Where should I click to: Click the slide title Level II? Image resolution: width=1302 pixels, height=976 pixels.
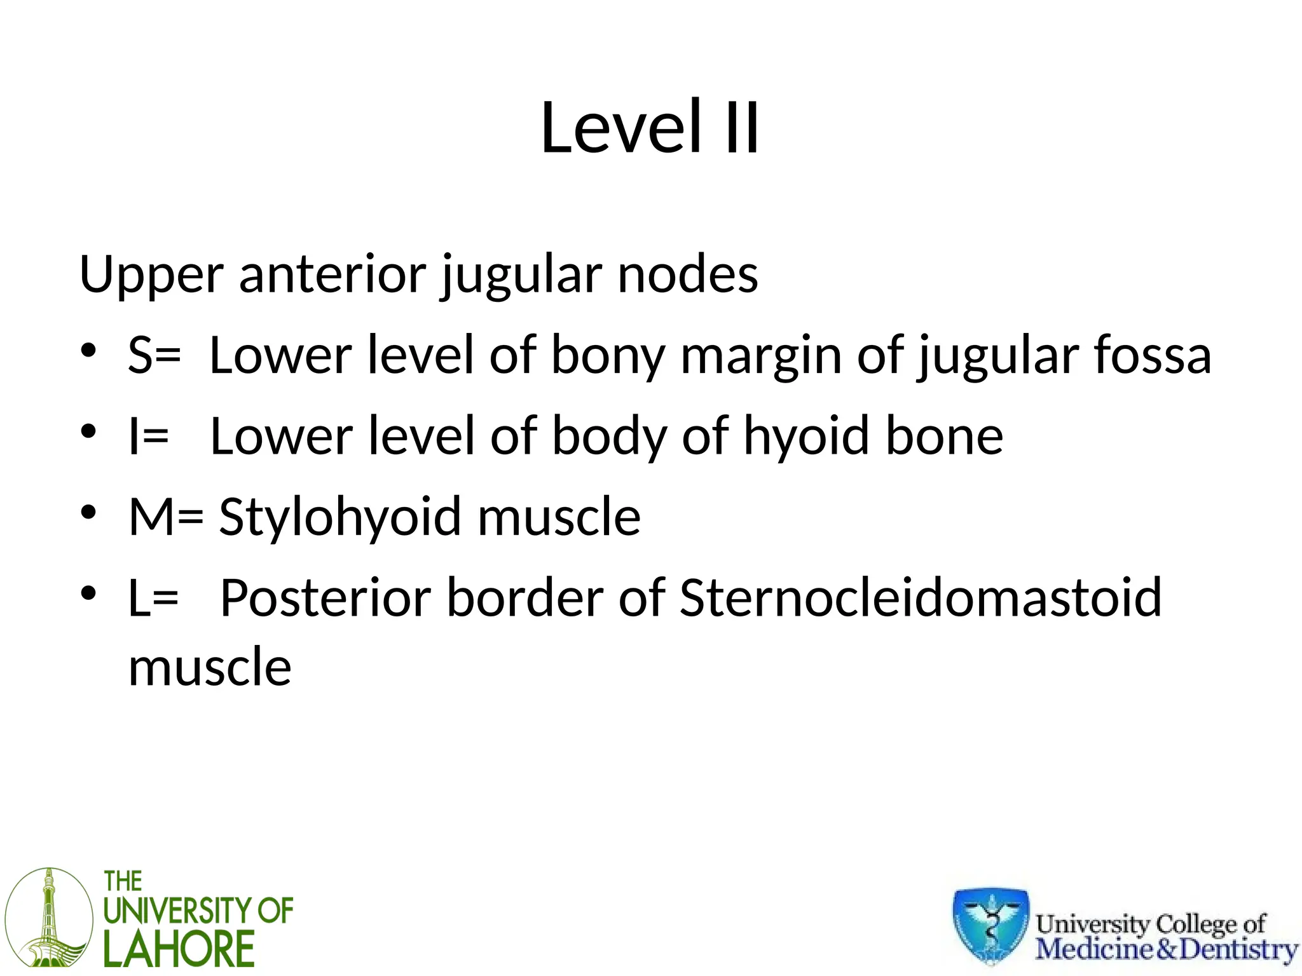(x=650, y=128)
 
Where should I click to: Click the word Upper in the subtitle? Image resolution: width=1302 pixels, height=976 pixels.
(x=151, y=274)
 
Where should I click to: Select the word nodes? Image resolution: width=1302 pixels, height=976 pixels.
(x=688, y=274)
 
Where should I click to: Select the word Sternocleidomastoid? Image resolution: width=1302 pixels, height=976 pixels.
(x=921, y=598)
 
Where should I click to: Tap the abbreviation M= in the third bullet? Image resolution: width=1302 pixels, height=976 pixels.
(x=166, y=517)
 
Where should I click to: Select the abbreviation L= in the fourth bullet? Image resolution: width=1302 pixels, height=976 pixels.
(x=153, y=598)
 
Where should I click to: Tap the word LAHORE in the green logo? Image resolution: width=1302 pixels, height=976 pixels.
(x=179, y=949)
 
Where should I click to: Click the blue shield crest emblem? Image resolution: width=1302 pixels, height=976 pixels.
(x=990, y=925)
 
